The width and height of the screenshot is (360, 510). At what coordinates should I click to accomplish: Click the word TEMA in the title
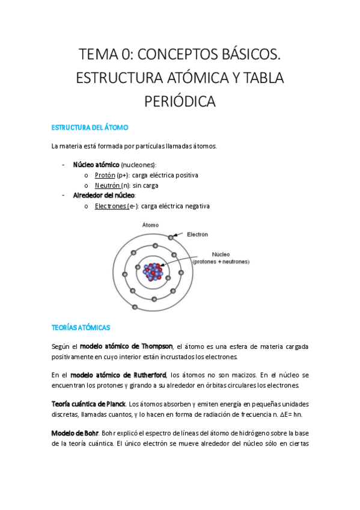tap(99, 56)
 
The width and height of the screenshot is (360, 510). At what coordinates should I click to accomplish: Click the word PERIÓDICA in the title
tap(180, 102)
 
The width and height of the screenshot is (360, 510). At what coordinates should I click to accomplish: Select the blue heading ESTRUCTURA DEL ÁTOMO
tap(90, 128)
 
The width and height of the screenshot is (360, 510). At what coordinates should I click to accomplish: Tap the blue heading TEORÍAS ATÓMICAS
tap(81, 328)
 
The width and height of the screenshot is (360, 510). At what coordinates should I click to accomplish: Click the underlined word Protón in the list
tap(105, 175)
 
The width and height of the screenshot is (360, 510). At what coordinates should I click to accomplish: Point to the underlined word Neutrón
tap(108, 185)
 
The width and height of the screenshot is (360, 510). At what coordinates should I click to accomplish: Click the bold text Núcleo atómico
tap(96, 164)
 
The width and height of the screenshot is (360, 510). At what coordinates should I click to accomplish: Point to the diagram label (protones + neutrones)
tap(221, 262)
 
